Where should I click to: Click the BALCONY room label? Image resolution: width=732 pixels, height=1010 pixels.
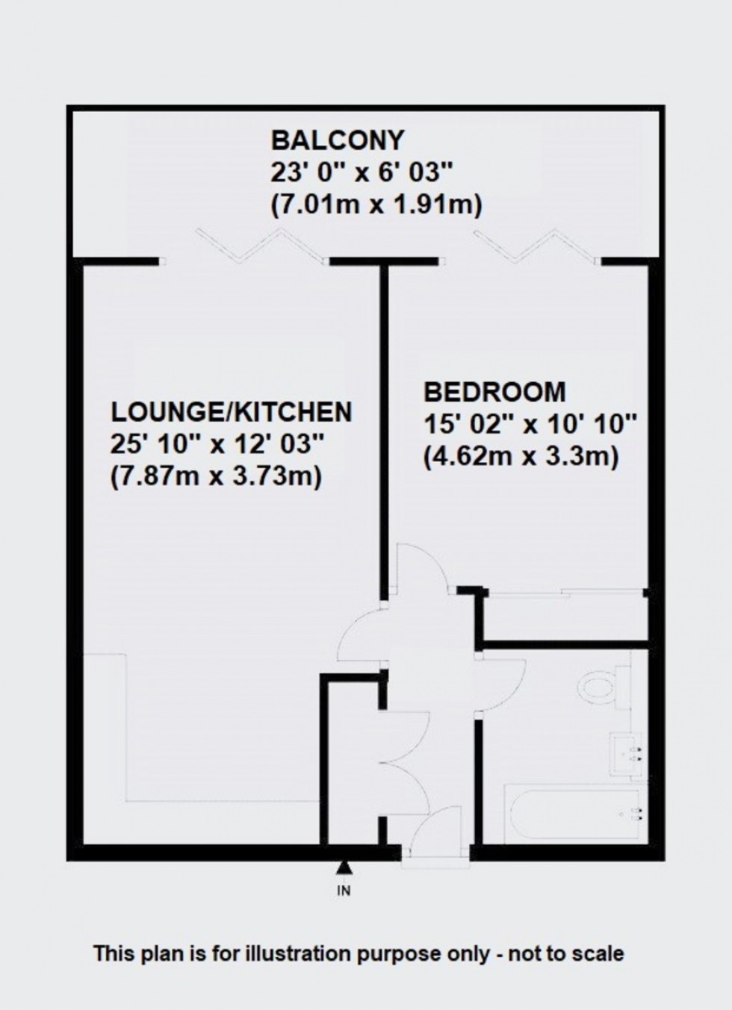point(337,140)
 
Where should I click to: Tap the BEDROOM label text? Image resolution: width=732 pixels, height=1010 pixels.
point(494,392)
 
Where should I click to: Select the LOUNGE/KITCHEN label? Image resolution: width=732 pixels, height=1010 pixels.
point(232,411)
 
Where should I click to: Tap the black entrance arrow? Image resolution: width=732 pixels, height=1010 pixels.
point(344,867)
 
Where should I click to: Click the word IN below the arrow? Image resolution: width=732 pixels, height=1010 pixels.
point(344,890)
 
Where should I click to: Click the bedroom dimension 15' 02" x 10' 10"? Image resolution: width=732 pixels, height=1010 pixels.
point(530,425)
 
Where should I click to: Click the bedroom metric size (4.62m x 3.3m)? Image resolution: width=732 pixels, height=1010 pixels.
point(521,456)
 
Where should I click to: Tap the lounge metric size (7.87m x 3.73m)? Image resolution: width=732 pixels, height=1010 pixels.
point(216,476)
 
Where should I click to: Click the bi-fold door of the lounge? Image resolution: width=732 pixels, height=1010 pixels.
point(261,246)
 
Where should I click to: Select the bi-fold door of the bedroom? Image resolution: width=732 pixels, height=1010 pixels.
point(535,246)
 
